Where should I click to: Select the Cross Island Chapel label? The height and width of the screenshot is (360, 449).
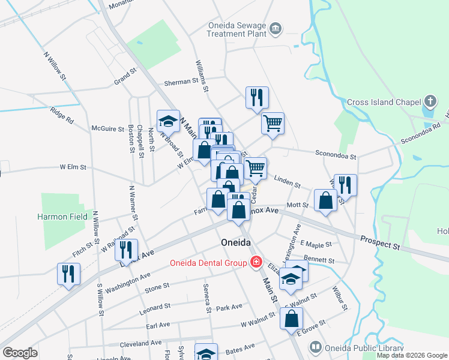(x=384, y=102)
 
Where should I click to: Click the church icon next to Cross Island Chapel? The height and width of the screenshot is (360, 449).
(x=430, y=101)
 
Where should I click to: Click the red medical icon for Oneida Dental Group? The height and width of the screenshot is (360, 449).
(x=256, y=262)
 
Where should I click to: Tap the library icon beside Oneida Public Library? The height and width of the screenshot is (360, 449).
(x=315, y=347)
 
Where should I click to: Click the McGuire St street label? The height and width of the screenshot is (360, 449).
(x=107, y=128)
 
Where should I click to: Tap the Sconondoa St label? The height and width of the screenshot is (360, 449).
(x=336, y=155)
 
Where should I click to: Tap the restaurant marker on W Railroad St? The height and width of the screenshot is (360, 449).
(x=126, y=249)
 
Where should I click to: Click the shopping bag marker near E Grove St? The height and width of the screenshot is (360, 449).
(x=291, y=319)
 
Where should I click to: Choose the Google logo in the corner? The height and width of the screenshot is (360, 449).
(x=20, y=353)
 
